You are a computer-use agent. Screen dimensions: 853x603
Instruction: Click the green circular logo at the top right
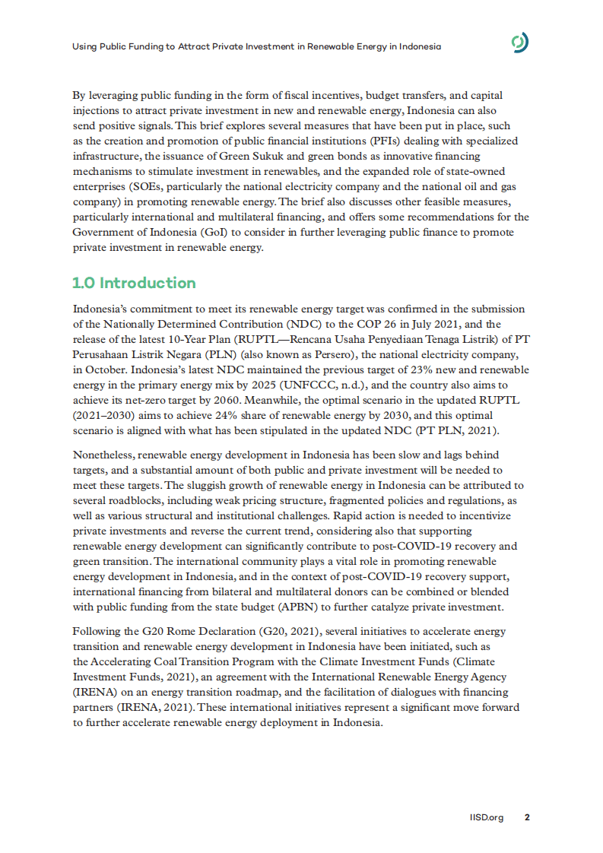click(x=520, y=45)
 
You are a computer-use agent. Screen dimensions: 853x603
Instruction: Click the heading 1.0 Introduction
click(x=134, y=283)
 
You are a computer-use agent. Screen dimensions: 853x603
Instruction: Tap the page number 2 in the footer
click(x=527, y=817)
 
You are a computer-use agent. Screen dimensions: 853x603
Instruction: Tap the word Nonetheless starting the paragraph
click(x=103, y=455)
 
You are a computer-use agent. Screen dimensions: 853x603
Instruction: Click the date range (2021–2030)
click(x=104, y=415)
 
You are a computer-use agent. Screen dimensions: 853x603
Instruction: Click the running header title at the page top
click(x=256, y=46)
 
